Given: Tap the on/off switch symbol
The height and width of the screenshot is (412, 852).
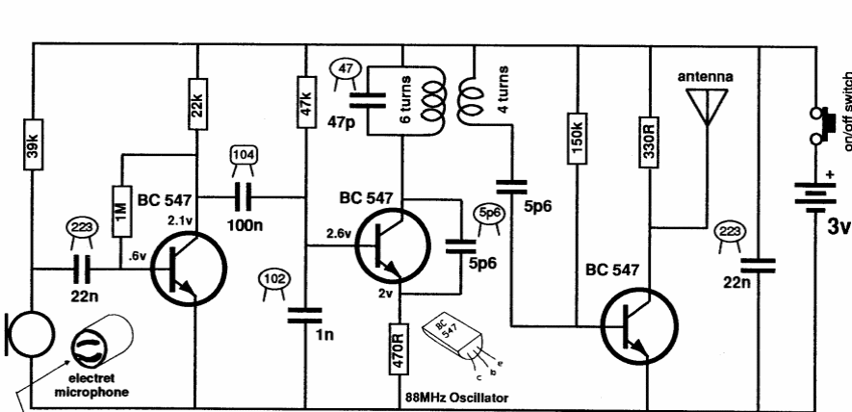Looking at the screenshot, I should point(819,123).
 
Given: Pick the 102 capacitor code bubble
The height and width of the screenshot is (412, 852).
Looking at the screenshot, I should point(273,279).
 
